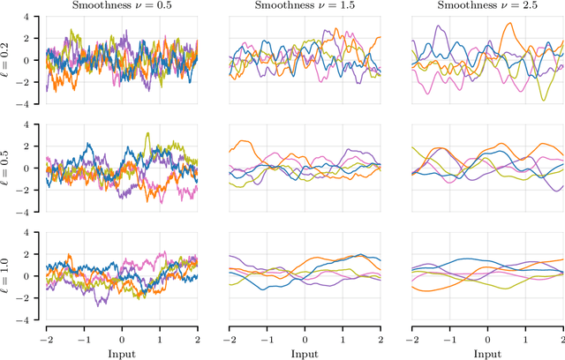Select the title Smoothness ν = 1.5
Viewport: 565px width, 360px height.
[305, 7]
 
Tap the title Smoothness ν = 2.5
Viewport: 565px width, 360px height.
[488, 7]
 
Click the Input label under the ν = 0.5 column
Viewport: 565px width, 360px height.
[122, 352]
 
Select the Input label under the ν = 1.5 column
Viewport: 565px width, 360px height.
[305, 352]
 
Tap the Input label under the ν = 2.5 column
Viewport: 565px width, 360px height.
[488, 352]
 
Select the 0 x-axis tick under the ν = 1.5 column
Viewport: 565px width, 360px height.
[305, 337]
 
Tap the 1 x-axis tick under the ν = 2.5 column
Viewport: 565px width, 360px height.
[526, 337]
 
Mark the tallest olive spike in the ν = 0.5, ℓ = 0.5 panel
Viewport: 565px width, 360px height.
[147, 134]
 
